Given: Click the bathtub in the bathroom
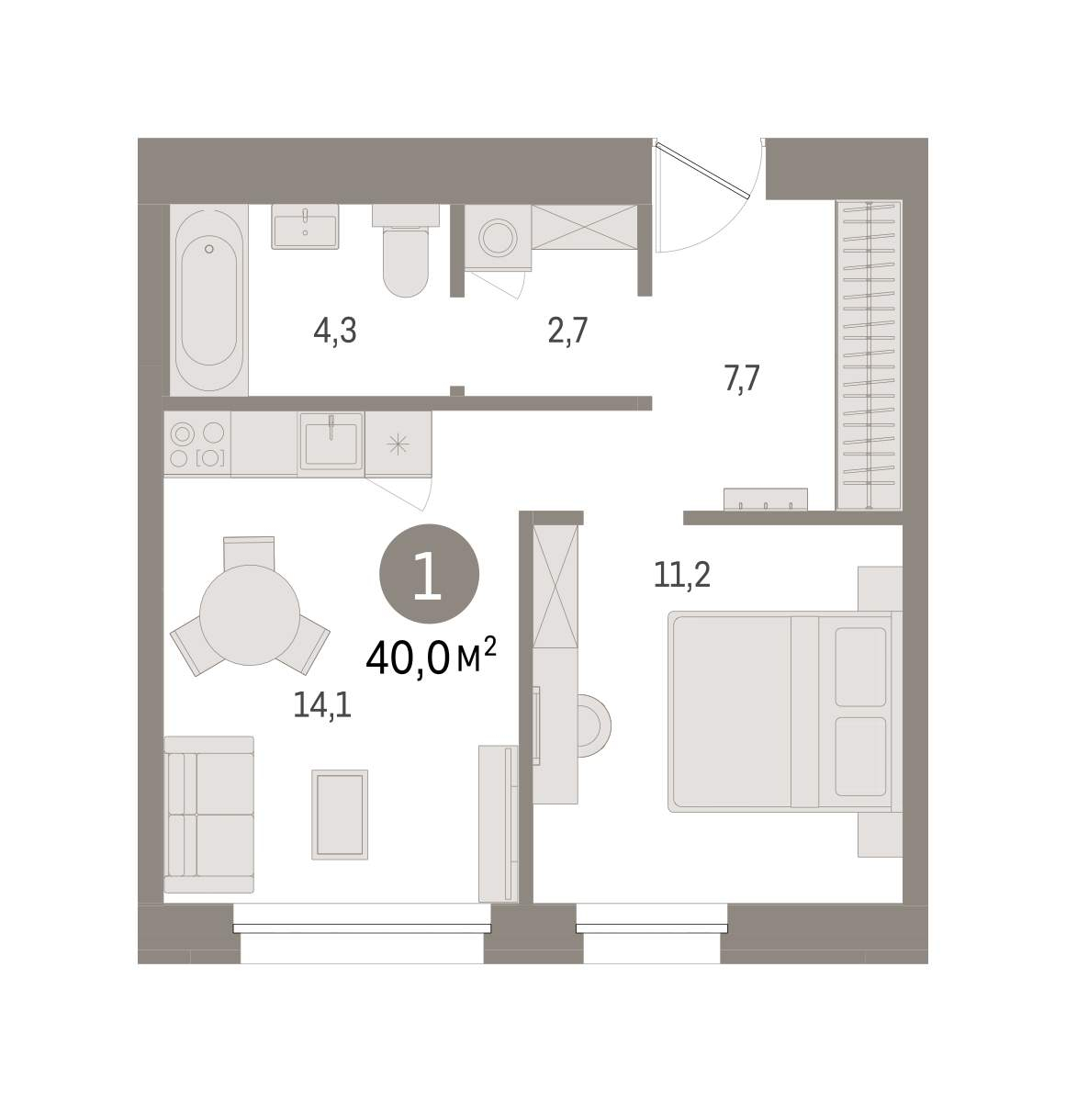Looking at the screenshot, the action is point(209,300).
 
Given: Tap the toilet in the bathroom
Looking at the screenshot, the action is point(405,251).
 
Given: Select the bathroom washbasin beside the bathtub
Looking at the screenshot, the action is point(305,227).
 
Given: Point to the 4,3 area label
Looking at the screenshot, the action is point(335,331).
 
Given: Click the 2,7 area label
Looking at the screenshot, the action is point(567,331).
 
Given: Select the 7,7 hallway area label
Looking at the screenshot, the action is point(742,379).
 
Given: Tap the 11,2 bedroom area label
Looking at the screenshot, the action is point(681,576).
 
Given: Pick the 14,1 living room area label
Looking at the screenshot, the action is point(322,705).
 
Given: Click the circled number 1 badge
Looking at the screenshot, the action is point(429,574).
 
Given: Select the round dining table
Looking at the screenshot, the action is point(250,615).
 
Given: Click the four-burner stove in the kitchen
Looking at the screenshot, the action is point(197,444).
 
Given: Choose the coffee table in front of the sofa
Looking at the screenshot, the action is point(340,815).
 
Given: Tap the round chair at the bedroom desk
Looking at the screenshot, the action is point(594,725).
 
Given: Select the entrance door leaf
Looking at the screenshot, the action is point(702,169).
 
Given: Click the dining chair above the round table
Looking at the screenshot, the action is point(249,552).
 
